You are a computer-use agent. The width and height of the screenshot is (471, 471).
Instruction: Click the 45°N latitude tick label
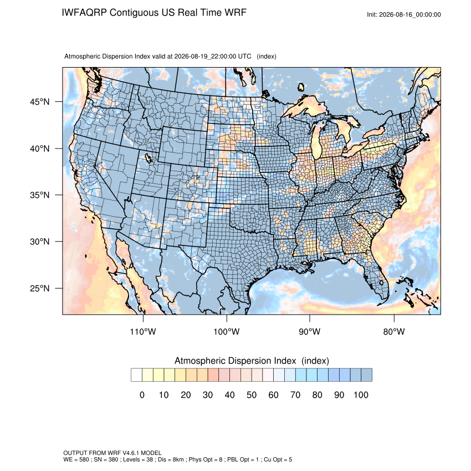click(x=40, y=102)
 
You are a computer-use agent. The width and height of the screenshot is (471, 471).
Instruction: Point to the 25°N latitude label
click(x=40, y=288)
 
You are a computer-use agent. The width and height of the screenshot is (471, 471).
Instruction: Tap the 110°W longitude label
click(x=143, y=331)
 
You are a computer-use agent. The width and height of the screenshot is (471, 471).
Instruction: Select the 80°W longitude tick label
click(x=394, y=331)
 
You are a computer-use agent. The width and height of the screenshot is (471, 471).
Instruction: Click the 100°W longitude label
click(x=227, y=331)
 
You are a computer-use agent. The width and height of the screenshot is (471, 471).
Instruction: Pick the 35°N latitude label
click(x=40, y=195)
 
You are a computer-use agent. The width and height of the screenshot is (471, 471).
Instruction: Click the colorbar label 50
click(x=252, y=395)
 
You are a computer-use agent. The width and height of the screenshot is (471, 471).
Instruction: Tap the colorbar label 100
click(x=361, y=395)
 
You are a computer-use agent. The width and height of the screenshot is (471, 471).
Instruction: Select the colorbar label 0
click(x=142, y=395)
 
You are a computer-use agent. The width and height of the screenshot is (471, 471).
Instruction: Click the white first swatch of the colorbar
click(x=136, y=375)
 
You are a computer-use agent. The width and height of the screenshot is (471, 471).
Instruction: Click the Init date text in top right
click(x=404, y=14)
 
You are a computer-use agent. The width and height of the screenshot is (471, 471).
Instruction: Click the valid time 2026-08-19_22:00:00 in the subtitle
click(x=205, y=57)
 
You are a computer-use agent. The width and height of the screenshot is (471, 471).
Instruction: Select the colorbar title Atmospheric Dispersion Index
click(x=235, y=361)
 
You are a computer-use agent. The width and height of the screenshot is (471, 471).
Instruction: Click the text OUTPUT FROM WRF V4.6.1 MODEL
click(x=112, y=453)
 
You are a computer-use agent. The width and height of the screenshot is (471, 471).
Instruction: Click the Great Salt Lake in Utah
click(x=149, y=158)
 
